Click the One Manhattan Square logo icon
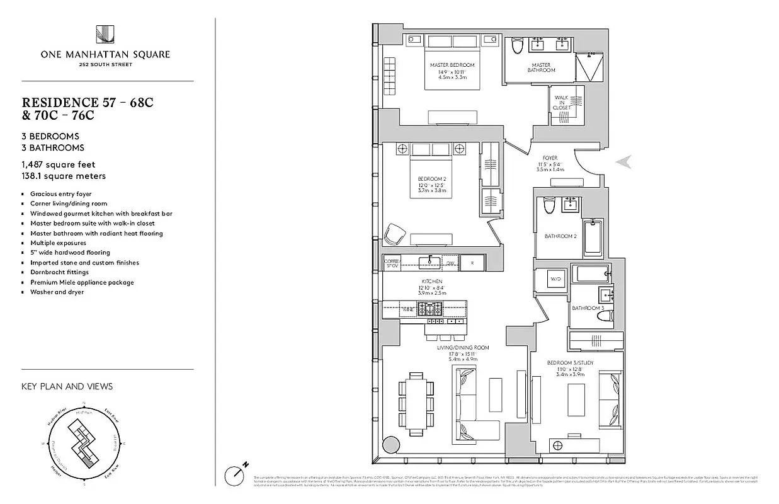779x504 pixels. point(105,35)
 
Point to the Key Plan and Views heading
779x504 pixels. point(67,386)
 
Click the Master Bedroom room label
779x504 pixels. point(452,65)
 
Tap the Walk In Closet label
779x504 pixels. point(562,103)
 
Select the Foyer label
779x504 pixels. point(550,158)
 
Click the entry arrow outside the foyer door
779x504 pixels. point(624,162)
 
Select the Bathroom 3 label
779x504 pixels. point(587,308)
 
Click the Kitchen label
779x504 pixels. point(431,281)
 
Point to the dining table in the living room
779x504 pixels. point(416,403)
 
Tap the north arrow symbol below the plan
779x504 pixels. point(238,474)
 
